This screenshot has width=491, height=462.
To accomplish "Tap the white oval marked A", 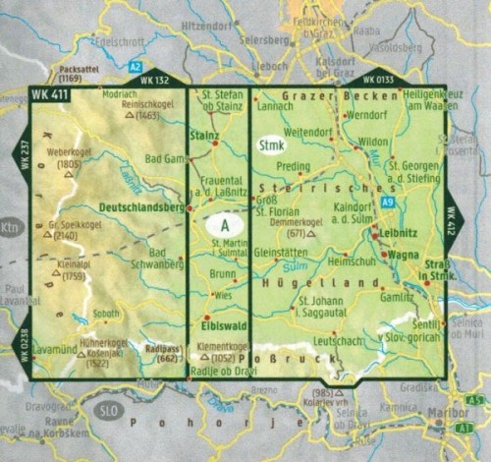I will pyautogui.click(x=224, y=223).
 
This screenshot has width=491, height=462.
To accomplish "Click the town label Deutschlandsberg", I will pyautogui.click(x=142, y=207).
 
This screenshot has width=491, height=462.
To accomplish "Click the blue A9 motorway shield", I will pyautogui.click(x=387, y=202).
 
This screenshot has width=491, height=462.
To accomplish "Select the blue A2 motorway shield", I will pyautogui.click(x=134, y=66).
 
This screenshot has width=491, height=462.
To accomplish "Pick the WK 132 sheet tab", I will pyautogui.click(x=155, y=80).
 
